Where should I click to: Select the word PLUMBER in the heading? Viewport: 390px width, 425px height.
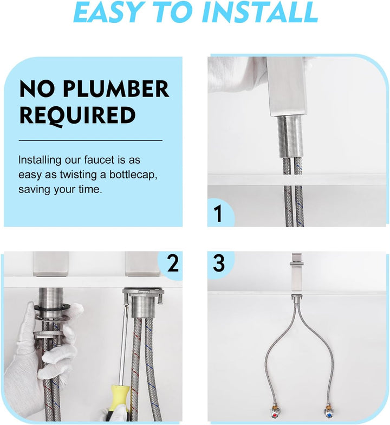tap(116, 89)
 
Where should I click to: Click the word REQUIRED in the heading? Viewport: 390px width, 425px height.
tap(77, 115)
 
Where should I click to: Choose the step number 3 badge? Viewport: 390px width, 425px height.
tap(219, 263)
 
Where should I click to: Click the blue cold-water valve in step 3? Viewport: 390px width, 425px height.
tap(328, 414)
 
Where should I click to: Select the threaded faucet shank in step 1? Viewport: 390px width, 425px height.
tap(290, 137)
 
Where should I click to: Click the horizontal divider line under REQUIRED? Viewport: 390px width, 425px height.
tap(90, 141)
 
